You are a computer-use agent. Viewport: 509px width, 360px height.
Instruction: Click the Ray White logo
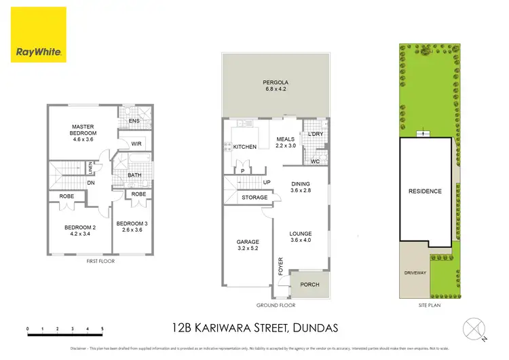[39, 35]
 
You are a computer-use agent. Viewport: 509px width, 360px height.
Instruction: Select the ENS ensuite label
[134, 122]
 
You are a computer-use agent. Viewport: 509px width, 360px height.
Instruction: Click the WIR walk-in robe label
[136, 143]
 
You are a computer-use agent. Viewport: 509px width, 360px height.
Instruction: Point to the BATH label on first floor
[134, 175]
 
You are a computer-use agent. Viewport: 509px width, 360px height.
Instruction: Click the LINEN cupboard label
[90, 167]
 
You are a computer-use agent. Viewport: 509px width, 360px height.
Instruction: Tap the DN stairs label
[90, 182]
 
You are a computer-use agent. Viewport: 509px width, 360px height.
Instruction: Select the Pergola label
[275, 86]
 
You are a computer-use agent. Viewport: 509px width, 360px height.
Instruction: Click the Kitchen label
[244, 147]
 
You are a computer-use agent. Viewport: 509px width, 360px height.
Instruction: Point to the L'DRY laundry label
[315, 134]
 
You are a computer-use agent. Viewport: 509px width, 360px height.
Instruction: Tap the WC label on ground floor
[315, 162]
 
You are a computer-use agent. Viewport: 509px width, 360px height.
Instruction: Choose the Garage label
[248, 245]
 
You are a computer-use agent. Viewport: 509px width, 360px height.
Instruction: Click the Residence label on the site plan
[425, 191]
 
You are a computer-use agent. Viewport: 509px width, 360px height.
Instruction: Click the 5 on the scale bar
[102, 329]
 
